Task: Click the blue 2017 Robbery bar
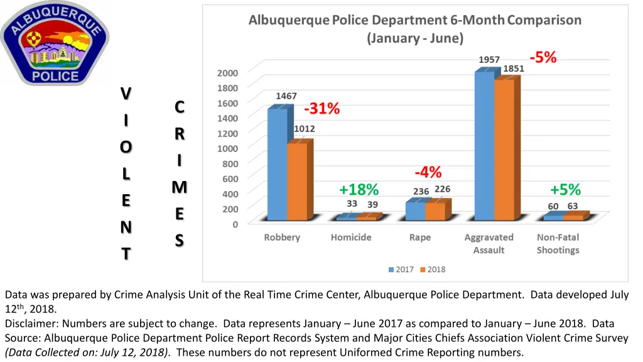click(277, 165)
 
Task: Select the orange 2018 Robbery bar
click(297, 182)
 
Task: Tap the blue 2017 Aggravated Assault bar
click(484, 146)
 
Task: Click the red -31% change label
click(322, 109)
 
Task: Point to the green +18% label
click(359, 189)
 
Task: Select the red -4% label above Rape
click(428, 172)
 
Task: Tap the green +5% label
click(565, 189)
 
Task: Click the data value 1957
click(489, 60)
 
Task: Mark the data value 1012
click(305, 128)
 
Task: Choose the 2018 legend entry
click(433, 269)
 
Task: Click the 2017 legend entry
click(401, 269)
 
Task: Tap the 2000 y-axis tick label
click(227, 72)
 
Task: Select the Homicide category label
click(351, 238)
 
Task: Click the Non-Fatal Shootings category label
click(558, 243)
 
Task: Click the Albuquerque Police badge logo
click(55, 43)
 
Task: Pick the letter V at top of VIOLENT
click(126, 93)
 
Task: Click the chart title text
click(414, 28)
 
